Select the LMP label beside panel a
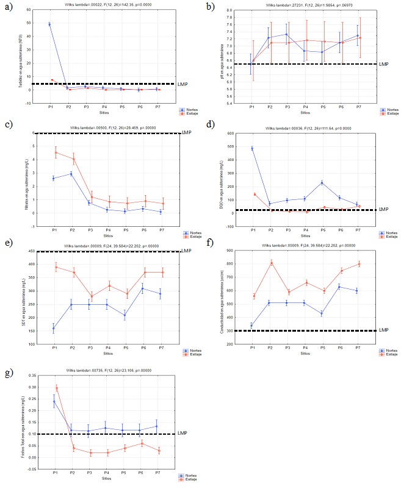pyautogui.click(x=182, y=84)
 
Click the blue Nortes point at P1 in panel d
pyautogui.click(x=252, y=148)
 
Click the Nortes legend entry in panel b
pyautogui.click(x=383, y=110)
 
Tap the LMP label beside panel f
pyautogui.click(x=383, y=330)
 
